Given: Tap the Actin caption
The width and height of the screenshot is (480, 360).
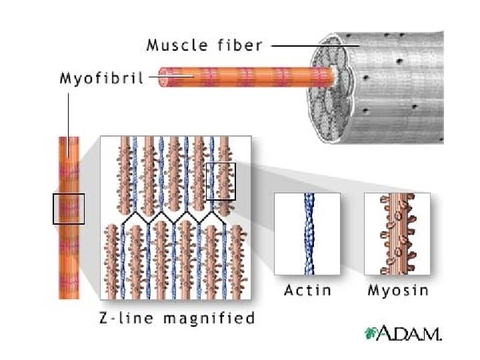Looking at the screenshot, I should (x=307, y=291).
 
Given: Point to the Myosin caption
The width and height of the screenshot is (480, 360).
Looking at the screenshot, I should (x=398, y=291).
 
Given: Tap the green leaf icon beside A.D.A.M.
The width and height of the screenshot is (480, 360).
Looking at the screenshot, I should (x=369, y=333).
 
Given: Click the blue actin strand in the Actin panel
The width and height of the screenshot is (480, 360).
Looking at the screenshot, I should (x=308, y=233).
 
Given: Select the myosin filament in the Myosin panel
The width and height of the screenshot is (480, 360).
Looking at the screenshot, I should (x=398, y=233).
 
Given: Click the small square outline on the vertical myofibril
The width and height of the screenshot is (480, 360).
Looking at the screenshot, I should (x=69, y=209).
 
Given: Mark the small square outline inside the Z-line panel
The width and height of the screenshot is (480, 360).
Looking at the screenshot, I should (x=221, y=181).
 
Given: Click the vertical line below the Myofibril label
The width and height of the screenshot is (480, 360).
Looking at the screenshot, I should (x=69, y=113).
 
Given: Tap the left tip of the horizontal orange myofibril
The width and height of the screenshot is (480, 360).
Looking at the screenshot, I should (x=161, y=77).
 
